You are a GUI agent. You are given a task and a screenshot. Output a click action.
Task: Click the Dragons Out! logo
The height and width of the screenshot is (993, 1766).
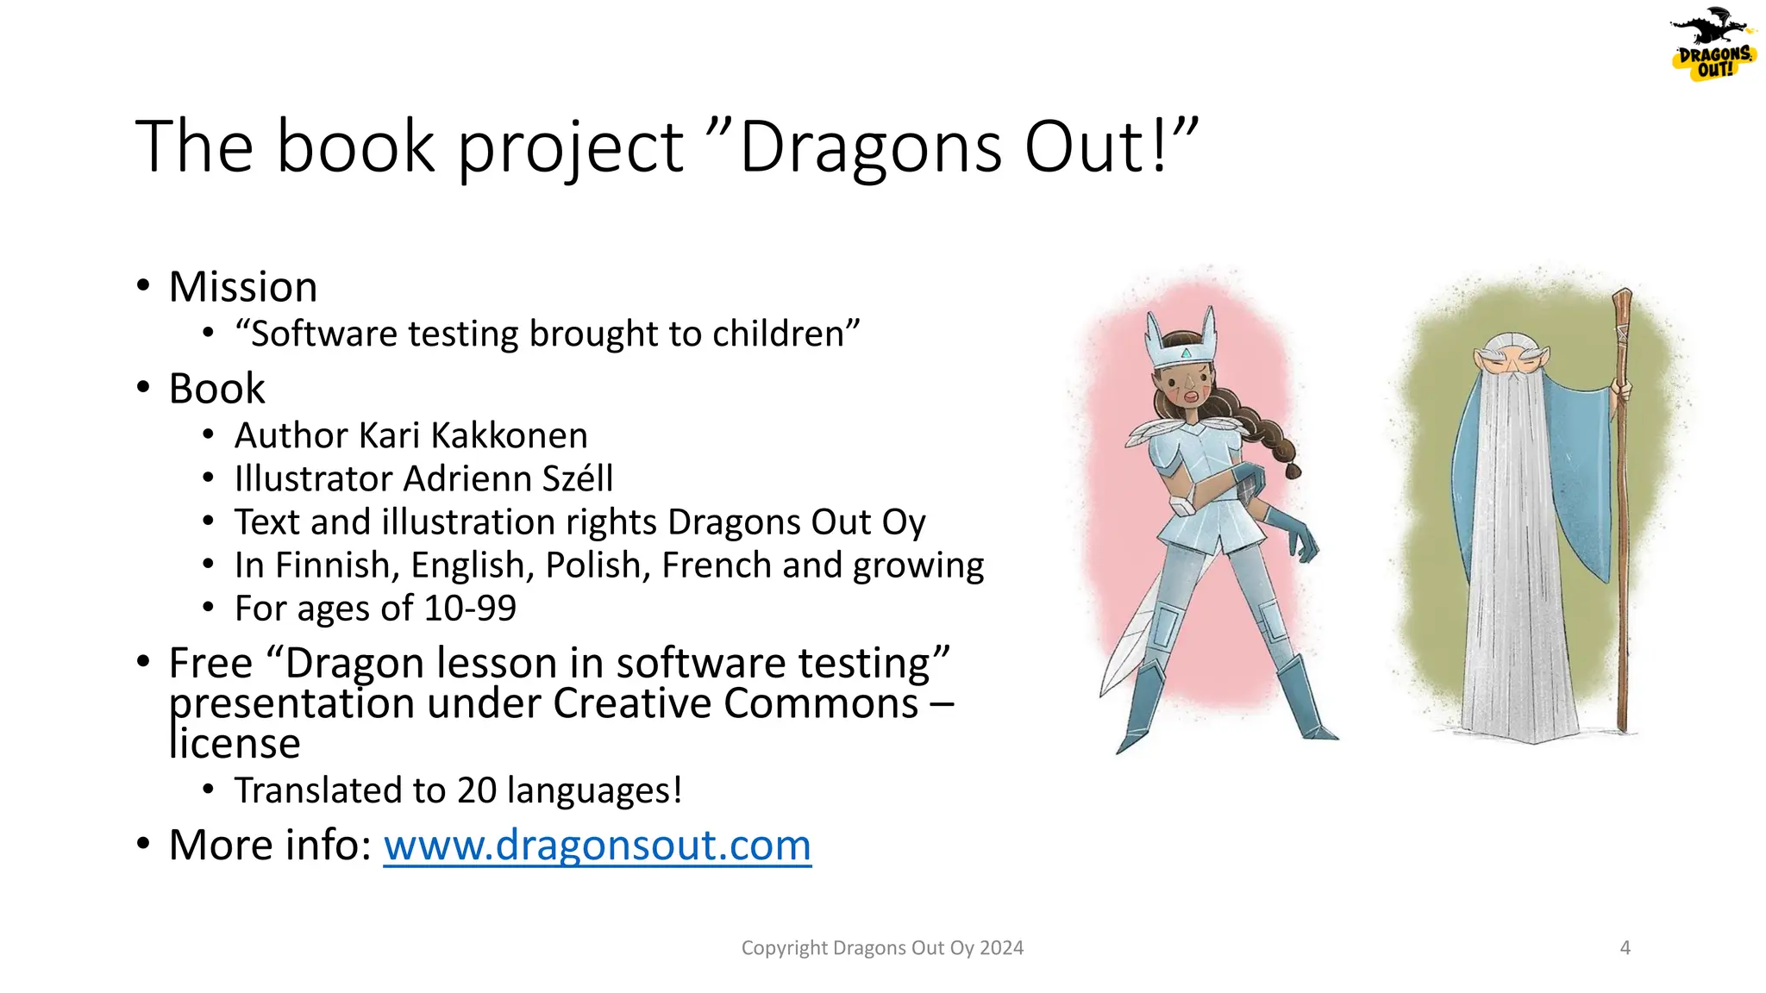[1713, 48]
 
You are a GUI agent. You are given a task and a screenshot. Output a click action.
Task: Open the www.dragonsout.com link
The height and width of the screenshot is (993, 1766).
[597, 846]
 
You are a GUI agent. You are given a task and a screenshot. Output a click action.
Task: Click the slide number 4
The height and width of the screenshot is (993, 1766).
[1625, 948]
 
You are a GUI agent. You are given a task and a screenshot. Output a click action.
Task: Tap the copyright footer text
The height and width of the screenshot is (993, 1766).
[882, 948]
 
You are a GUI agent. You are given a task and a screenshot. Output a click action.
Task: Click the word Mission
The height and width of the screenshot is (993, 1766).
[243, 287]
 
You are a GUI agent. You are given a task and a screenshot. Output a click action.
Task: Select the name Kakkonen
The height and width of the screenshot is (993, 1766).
[509, 436]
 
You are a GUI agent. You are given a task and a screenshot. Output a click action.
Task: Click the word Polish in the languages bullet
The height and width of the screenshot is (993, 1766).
[598, 565]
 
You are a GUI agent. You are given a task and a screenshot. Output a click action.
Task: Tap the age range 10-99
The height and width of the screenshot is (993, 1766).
[470, 609]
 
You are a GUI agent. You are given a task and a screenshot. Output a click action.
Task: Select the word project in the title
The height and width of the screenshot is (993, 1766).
[569, 147]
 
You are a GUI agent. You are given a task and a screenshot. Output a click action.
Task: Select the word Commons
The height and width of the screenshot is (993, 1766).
[821, 703]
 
